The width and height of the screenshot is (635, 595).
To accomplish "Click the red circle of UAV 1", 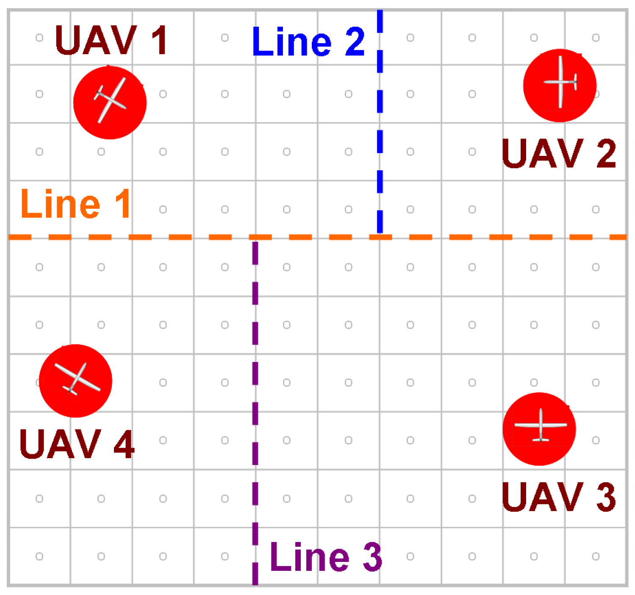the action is tap(110, 103).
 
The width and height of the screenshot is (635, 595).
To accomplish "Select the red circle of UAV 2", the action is tap(560, 85).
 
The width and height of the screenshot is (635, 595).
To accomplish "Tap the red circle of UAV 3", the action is tap(539, 429).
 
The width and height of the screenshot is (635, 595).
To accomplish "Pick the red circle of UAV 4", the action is tap(75, 381).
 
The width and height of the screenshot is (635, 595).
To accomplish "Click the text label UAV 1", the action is tap(111, 40).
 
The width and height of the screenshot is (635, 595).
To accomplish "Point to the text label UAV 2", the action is tap(558, 153).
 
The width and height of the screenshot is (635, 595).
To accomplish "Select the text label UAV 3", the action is tap(558, 497).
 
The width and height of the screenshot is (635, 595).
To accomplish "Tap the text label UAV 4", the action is tap(77, 444).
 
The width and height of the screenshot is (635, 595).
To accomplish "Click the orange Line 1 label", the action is tap(75, 204).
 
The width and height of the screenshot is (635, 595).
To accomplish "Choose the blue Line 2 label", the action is tap(308, 42).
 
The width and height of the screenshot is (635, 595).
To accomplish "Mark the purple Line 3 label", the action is tap(326, 556).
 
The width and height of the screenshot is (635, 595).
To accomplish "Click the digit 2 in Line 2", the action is tap(355, 42).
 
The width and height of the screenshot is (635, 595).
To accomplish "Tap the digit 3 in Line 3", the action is tap(372, 556).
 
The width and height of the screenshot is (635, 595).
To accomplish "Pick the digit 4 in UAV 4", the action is tap(124, 444).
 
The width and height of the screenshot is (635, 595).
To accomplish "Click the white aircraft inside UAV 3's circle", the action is tap(541, 425).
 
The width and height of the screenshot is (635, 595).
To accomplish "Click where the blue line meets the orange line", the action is tap(380, 236).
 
